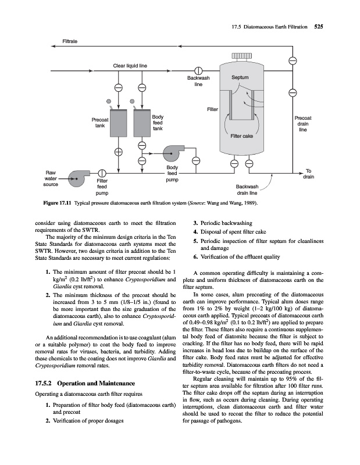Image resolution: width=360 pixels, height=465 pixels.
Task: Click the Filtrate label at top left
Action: click(71, 42)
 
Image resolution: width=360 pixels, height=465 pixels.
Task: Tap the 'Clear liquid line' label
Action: click(129, 65)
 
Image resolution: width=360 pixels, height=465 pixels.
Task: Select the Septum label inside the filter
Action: click(240, 77)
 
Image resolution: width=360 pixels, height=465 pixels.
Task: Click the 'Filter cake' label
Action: click(243, 136)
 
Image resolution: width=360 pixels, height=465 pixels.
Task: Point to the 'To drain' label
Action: click(309, 173)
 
